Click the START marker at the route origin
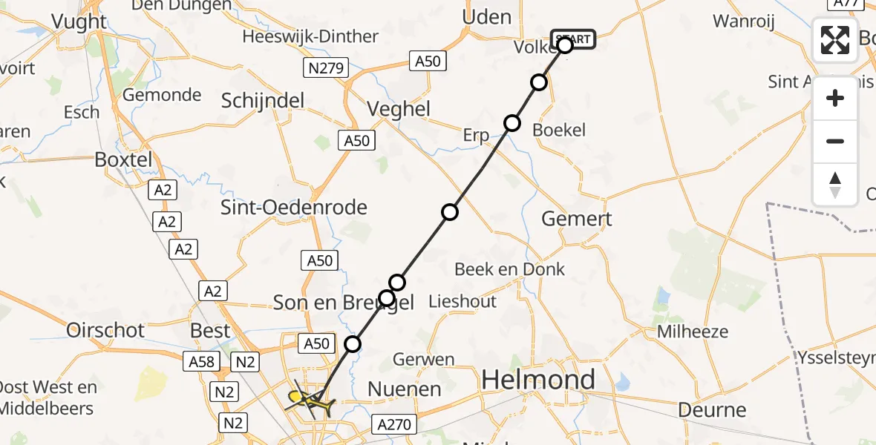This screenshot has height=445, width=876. (x=573, y=39)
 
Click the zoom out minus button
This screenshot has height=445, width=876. (x=835, y=141)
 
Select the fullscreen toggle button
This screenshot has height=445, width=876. (x=835, y=40)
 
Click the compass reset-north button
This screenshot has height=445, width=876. (x=835, y=185)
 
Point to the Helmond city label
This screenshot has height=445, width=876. (x=538, y=380)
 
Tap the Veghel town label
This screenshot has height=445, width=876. (x=399, y=109)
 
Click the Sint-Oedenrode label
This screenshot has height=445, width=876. (x=294, y=207)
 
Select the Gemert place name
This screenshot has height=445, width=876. (x=577, y=218)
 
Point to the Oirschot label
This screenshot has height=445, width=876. (x=105, y=330)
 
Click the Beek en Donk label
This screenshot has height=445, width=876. (x=509, y=268)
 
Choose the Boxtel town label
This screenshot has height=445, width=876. (x=123, y=159)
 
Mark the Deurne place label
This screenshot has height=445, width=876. (x=713, y=409)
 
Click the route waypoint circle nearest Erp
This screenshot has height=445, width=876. (x=511, y=123)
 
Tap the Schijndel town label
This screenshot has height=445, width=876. (x=263, y=101)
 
